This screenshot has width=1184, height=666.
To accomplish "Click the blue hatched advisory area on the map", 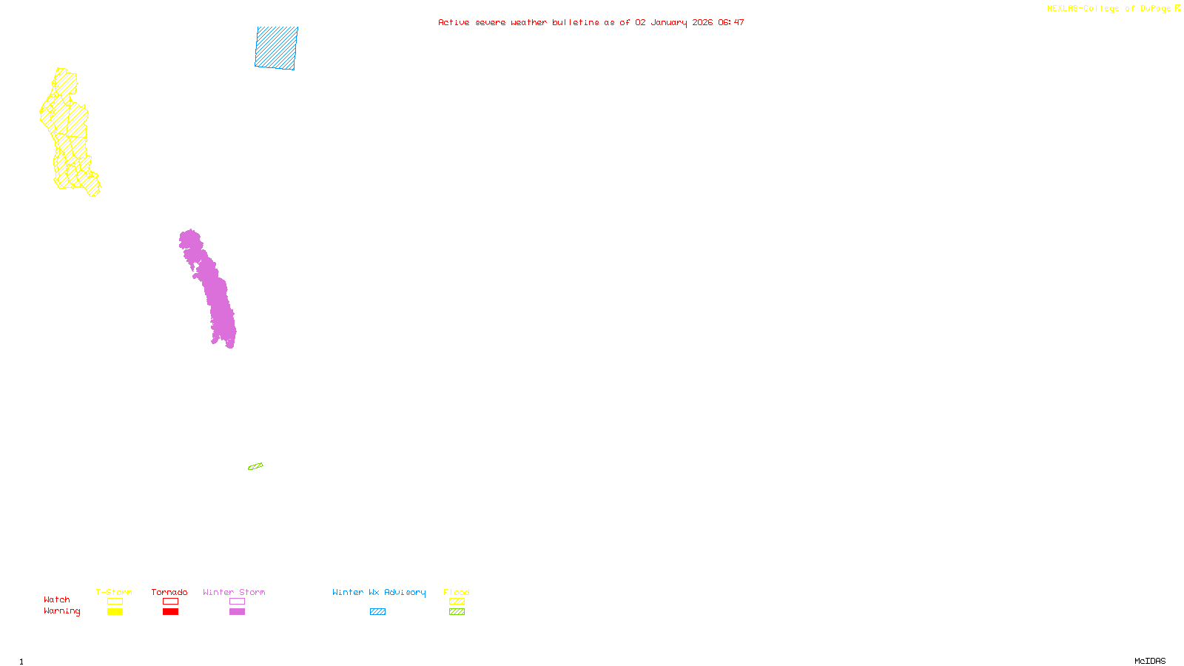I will point(277,47).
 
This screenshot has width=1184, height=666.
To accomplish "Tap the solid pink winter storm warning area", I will point(210,289).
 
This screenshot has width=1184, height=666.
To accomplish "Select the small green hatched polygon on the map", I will point(255,466).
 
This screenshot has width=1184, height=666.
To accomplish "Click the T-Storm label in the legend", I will point(114,592).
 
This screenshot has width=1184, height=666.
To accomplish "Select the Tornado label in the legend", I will point(169,592).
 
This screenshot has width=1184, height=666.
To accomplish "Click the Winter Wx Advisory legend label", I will point(379,592).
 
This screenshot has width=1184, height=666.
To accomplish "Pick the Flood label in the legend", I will point(457,592).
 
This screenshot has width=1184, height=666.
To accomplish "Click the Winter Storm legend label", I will point(234,592).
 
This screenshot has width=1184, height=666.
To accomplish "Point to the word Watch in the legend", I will point(57,599).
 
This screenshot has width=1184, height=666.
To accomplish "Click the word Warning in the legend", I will point(62,611).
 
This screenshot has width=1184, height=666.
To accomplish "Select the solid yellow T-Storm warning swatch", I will point(115,612).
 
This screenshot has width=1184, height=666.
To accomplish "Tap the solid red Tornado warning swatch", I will point(170,612).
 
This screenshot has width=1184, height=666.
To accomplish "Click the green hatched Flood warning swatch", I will point(457,612).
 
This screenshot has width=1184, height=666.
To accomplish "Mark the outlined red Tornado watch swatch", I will point(170,602).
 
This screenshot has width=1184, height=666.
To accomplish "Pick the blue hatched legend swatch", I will point(377,612).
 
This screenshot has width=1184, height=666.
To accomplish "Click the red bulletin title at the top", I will point(591,22).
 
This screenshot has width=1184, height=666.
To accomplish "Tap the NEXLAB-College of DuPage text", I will point(1109,9).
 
